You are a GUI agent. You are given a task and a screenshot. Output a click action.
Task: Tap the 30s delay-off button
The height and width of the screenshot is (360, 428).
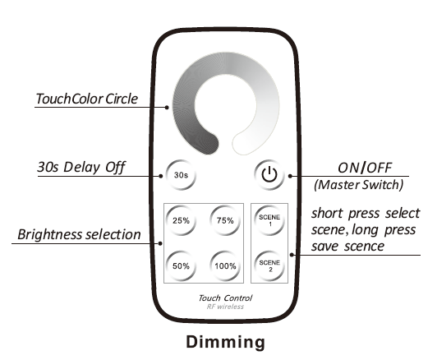coord(181,175)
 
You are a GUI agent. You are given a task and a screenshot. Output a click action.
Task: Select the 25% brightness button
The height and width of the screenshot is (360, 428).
coord(181,220)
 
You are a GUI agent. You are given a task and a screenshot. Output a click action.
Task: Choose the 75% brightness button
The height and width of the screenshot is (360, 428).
coord(225,220)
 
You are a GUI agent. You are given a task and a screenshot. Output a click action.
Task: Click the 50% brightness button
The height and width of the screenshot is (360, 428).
coord(181,265)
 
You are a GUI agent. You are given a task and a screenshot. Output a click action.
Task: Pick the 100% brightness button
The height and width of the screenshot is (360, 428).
coord(225,265)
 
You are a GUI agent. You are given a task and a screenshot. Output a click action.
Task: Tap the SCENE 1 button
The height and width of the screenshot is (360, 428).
coord(269,220)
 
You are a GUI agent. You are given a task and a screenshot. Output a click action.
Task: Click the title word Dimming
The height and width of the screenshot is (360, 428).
coord(225,342)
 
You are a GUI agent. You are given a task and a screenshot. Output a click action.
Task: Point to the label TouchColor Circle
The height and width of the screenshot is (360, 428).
coord(86,99)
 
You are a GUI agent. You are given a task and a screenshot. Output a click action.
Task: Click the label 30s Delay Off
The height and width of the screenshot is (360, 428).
coord(81,167)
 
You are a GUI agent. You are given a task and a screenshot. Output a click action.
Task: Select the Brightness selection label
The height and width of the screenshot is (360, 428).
coord(79,234)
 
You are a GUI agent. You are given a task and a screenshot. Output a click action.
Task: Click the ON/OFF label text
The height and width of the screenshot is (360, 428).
coord(365,168)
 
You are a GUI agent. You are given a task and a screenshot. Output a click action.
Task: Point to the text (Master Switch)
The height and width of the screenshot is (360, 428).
coord(359,185)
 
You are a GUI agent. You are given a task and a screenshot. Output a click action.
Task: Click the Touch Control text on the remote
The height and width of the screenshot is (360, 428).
coord(225,298)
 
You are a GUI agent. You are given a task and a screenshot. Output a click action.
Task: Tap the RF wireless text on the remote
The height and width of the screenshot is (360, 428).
coord(225,307)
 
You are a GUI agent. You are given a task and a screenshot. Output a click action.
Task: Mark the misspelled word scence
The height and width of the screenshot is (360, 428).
coord(364,247)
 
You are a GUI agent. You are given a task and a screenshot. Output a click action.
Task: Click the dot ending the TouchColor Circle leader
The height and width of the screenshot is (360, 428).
coord(167,108)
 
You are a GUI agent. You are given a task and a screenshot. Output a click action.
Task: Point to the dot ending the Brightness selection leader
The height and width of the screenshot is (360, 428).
coord(160,243)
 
